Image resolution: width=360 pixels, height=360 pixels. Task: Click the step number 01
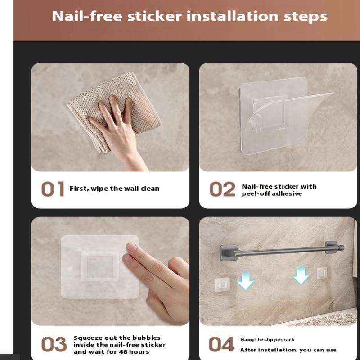pos(53,189)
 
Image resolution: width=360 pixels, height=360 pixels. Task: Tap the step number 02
pos(222,189)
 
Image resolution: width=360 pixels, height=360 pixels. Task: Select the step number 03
pos(54,344)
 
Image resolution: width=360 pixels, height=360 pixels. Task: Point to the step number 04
pos(221,344)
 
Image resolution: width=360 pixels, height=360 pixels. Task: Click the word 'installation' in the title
pos(233,16)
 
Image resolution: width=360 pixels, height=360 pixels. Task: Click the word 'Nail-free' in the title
pos(87,16)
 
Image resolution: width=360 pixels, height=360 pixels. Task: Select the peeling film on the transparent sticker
pos(292,119)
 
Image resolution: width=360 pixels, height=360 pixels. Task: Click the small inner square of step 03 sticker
pos(100,266)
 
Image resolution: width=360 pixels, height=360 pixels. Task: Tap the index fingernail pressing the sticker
pos(132,247)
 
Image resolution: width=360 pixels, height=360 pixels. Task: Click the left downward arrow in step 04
pos(245,280)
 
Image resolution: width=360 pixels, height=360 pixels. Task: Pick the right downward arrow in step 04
pos(301,275)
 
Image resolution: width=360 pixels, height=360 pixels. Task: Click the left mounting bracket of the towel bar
pos(229,252)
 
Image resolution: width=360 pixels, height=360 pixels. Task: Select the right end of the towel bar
pos(342,247)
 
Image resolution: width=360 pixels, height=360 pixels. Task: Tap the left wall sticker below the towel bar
pos(222,285)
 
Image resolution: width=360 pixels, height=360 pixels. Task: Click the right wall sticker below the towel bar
pos(322,273)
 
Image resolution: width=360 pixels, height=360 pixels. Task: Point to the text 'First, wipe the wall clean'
pos(115,189)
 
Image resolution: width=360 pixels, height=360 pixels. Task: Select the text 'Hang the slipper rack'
pos(267,340)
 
